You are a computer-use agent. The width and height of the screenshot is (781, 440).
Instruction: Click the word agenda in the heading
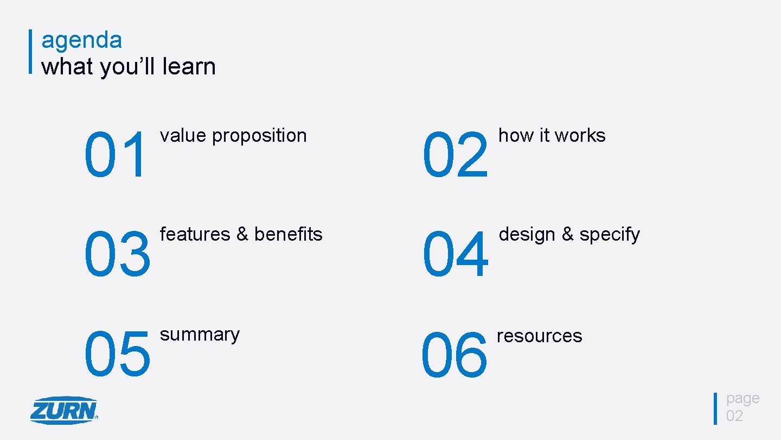[x=81, y=41]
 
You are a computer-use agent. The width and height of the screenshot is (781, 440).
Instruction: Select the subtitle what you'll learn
[x=129, y=67]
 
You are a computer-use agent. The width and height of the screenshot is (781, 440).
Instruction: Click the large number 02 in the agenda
[x=455, y=155]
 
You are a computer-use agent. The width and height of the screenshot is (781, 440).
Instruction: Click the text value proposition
[x=233, y=135]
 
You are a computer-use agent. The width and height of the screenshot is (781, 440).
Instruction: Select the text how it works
[x=552, y=135]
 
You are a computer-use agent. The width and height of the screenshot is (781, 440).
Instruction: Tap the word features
[x=195, y=234]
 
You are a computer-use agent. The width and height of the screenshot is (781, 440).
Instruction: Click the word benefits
[x=288, y=234]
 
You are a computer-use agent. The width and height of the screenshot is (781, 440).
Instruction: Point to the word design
[x=527, y=234]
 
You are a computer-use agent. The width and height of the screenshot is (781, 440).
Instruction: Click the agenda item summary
[x=200, y=335]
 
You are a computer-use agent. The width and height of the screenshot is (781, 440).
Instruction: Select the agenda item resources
[x=539, y=336]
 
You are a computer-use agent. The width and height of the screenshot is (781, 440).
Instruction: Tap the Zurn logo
[x=64, y=410]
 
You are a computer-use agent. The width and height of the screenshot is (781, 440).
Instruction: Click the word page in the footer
[x=742, y=399]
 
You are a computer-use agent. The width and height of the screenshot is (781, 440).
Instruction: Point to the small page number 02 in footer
[x=734, y=416]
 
